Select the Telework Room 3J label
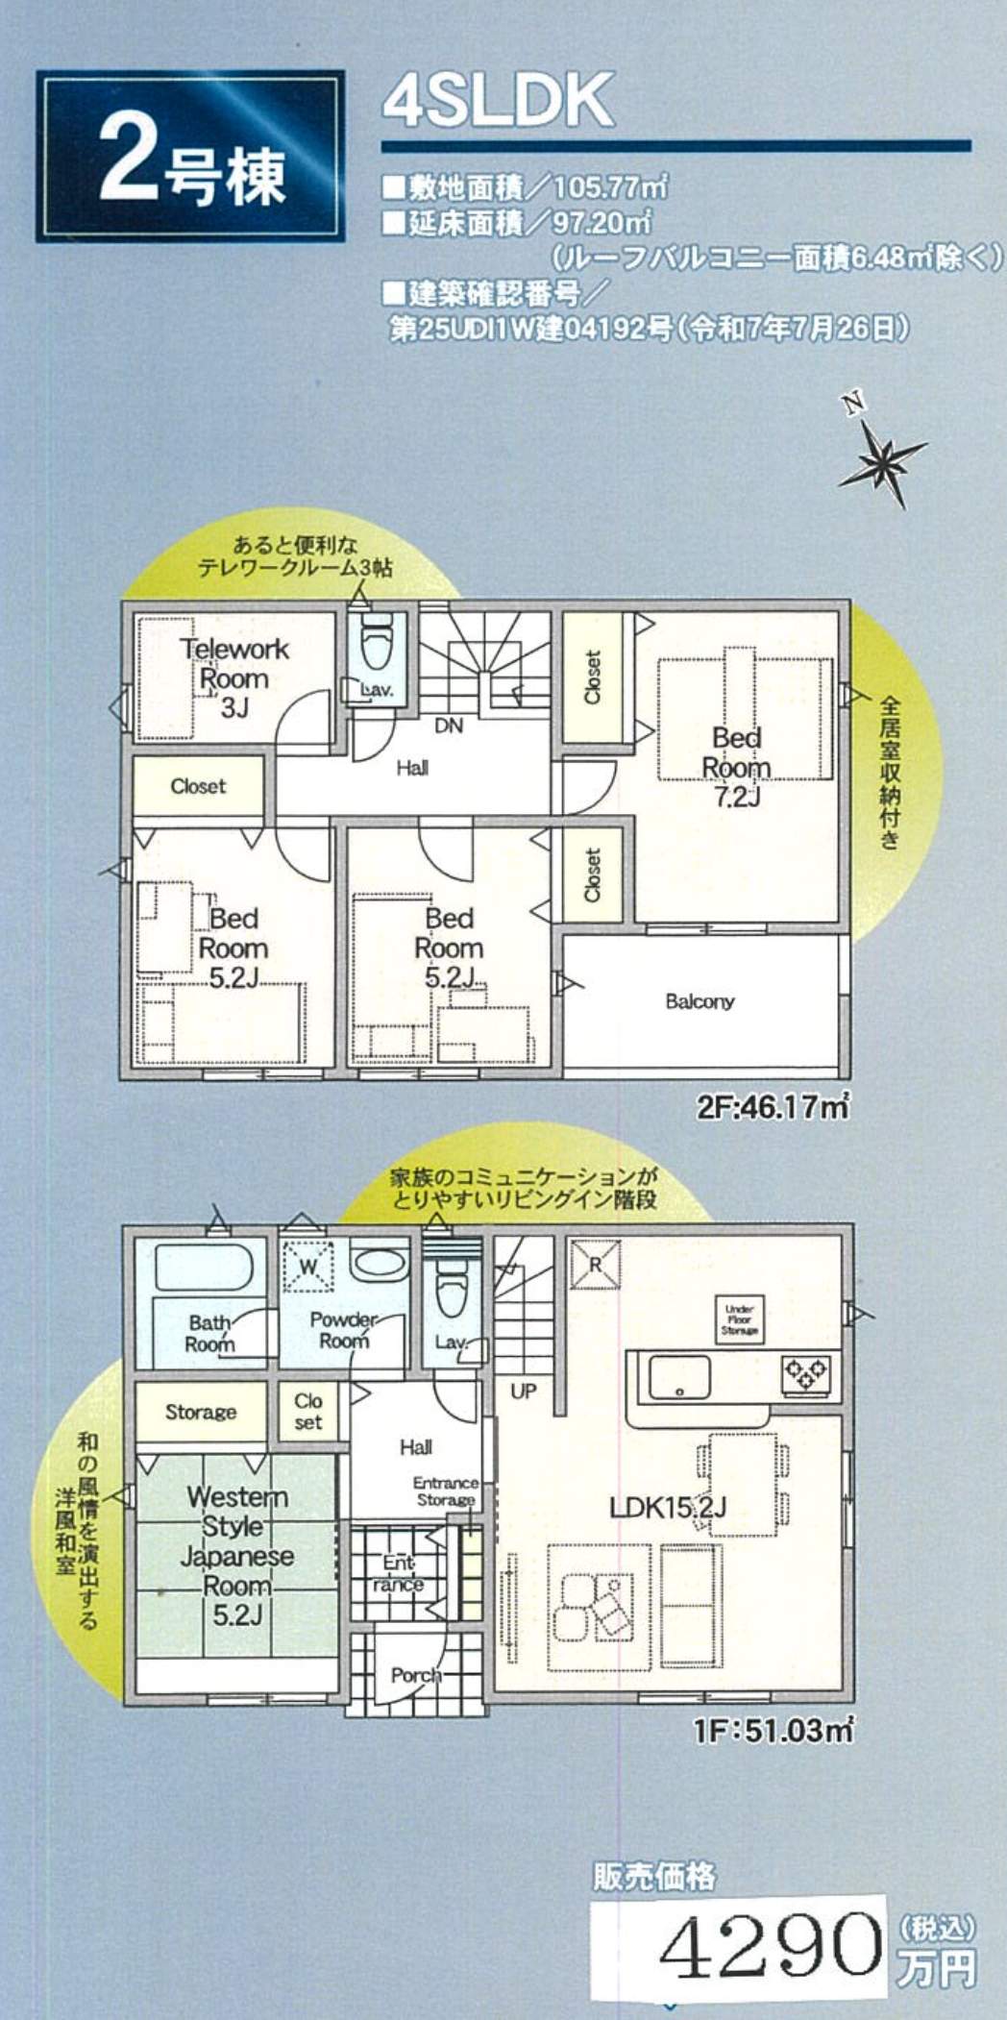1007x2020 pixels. [x=234, y=677]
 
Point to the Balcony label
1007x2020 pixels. [x=700, y=1001]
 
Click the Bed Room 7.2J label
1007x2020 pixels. [x=736, y=767]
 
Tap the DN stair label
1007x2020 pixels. [x=449, y=727]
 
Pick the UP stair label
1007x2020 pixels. [x=524, y=1392]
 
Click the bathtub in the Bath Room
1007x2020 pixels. [x=203, y=1267]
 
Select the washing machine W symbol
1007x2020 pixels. [x=308, y=1267]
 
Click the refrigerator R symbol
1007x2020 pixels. [x=595, y=1265]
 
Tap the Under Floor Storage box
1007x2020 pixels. [x=740, y=1319]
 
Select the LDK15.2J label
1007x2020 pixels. [x=668, y=1508]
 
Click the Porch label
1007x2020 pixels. [x=416, y=1675]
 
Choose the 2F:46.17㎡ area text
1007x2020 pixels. [x=773, y=1107]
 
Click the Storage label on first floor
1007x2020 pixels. [x=200, y=1412]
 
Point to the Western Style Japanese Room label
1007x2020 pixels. [x=237, y=1555]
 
